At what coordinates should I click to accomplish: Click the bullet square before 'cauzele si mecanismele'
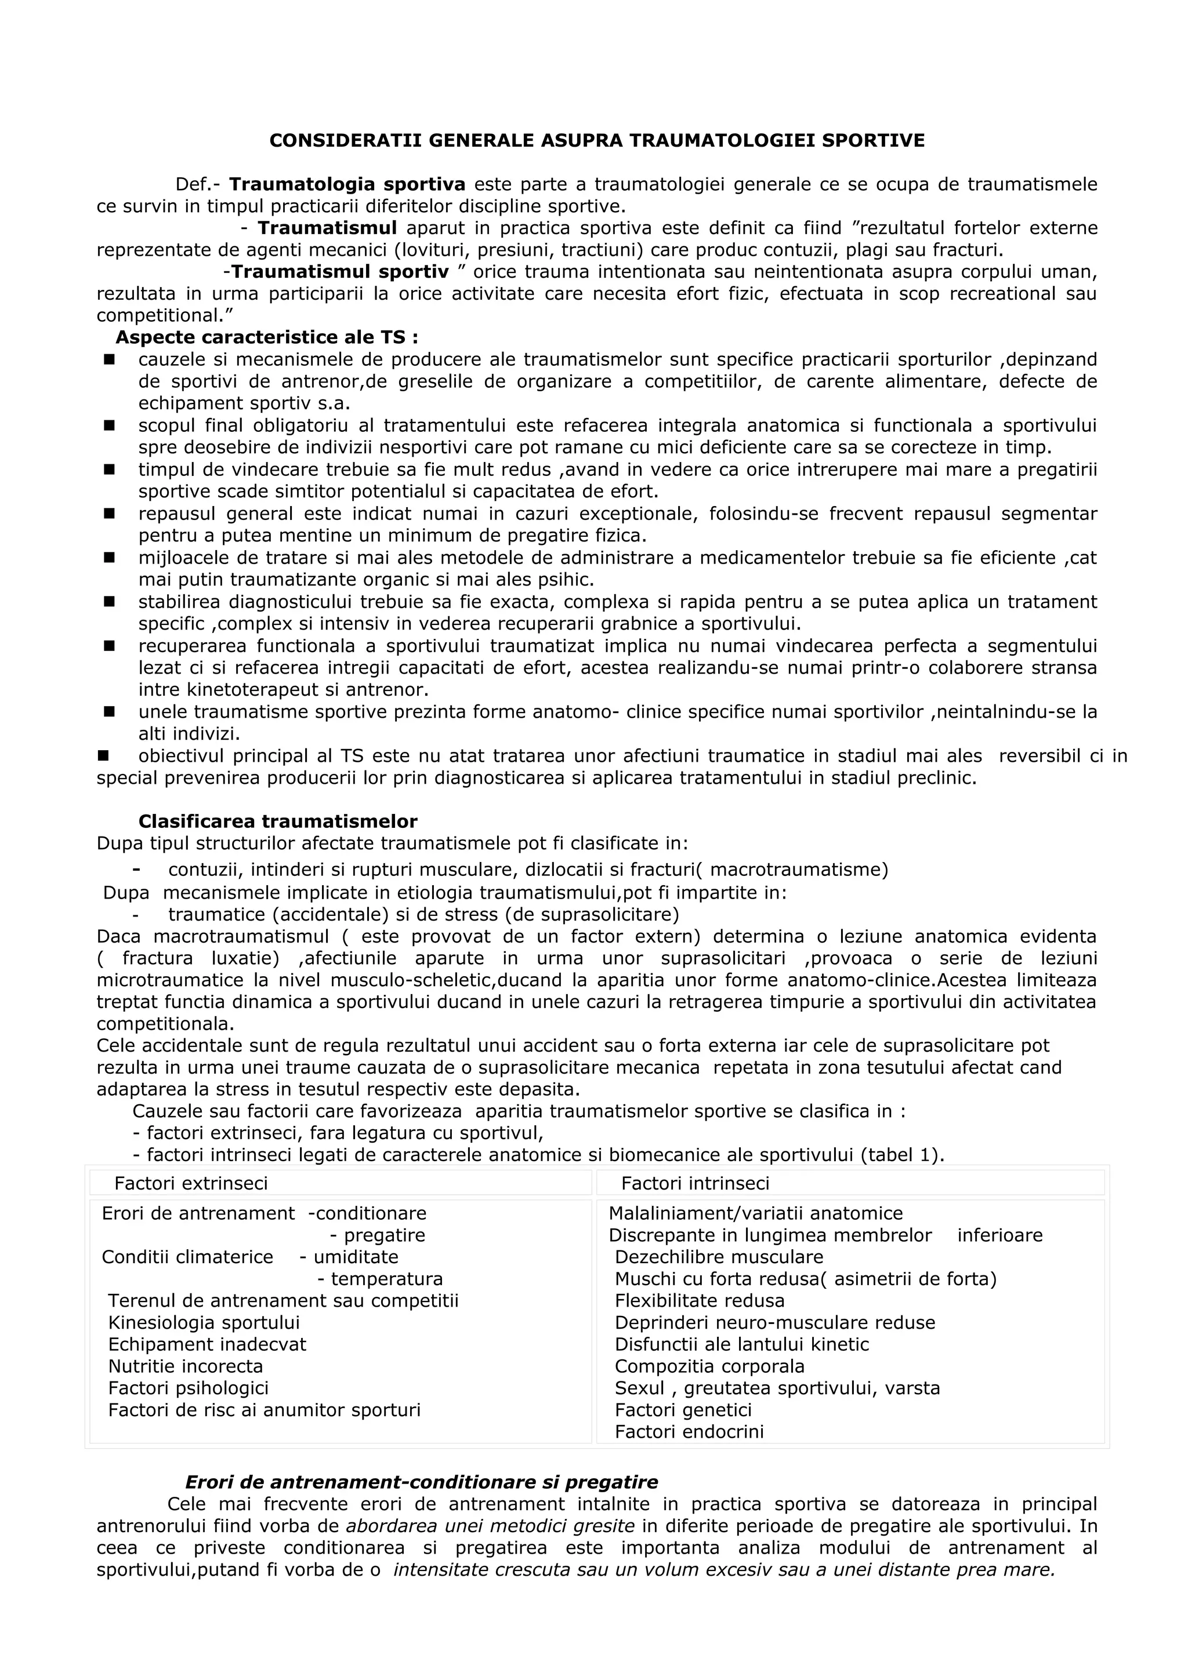[x=110, y=359]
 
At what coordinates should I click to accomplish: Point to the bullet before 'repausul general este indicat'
[x=110, y=514]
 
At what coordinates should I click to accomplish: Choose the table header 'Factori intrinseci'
[x=695, y=1183]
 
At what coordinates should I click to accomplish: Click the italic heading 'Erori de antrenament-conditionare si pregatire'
[x=421, y=1482]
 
